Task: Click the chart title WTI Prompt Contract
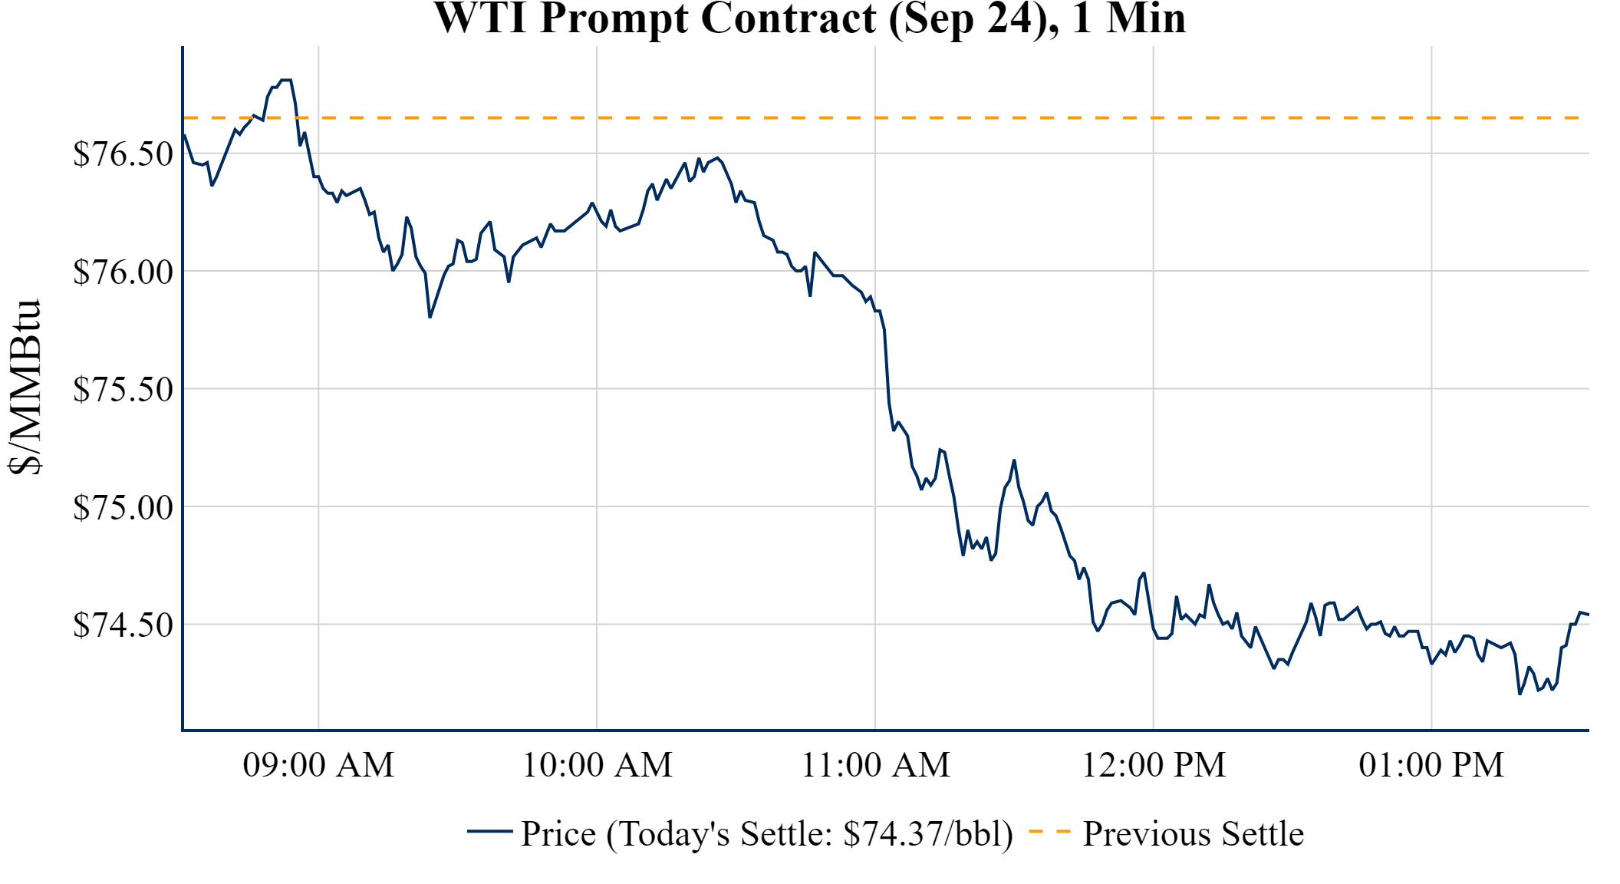pos(809,18)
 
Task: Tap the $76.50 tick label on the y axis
pos(123,153)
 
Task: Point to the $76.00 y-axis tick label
pos(123,272)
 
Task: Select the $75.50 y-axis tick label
pos(123,389)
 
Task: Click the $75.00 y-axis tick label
pos(123,507)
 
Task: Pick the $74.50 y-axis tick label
pos(123,625)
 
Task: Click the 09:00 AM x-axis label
pos(318,765)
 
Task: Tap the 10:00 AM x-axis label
pos(597,765)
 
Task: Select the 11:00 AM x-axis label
pos(875,765)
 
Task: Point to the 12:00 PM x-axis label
pos(1154,765)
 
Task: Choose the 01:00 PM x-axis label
pos(1431,765)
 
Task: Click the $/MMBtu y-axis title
pos(25,388)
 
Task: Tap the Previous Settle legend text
pos(1193,834)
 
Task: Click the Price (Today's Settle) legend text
pos(767,834)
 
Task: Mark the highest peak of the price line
pos(286,80)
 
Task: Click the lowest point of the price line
pos(1520,694)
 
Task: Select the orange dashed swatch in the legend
pos(1049,832)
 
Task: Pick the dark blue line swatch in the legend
pos(489,832)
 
